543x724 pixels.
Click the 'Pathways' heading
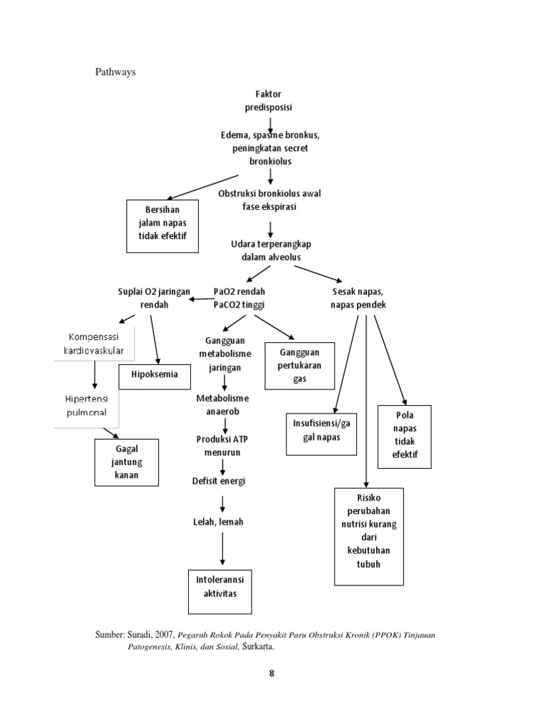115,71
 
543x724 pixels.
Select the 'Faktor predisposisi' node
269,100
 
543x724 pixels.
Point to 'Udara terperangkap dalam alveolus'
270,250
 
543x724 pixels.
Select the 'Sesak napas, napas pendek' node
358,298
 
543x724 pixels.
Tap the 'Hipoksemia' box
155,375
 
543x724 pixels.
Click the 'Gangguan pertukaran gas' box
300,366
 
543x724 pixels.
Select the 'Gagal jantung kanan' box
127,462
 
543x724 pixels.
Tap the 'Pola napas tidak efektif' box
404,437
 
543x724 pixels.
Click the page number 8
271,673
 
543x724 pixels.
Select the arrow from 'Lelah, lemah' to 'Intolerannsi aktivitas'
223,549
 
